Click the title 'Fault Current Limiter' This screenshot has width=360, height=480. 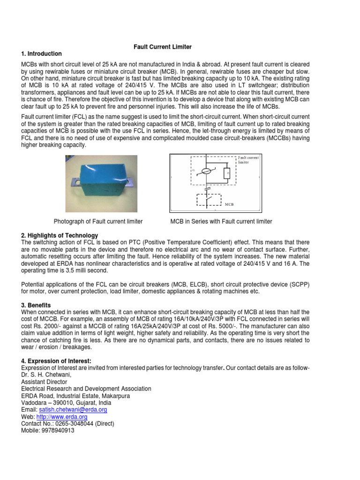[x=161, y=47]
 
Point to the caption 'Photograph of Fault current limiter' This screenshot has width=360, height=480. [x=98, y=221]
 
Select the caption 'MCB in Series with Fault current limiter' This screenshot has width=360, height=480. [x=221, y=221]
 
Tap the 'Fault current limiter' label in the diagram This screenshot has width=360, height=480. [x=248, y=160]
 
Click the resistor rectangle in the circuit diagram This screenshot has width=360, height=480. [x=227, y=174]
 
